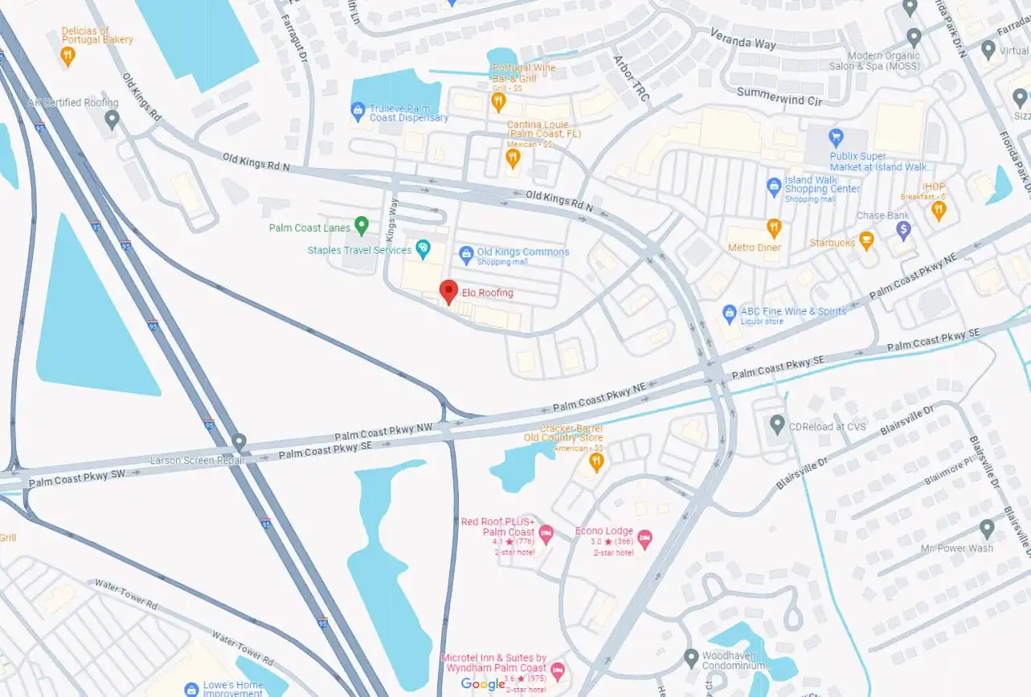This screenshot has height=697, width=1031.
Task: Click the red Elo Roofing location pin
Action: click(x=448, y=291)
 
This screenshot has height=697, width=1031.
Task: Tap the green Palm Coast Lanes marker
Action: click(x=361, y=226)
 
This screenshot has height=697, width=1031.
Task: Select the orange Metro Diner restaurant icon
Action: click(x=774, y=228)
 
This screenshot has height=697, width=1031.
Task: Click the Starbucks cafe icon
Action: click(x=865, y=240)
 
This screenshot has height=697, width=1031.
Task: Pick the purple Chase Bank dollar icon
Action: click(x=903, y=230)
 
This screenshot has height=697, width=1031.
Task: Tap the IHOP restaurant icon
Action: click(x=938, y=211)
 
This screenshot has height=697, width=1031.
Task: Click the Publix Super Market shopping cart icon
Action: click(x=836, y=136)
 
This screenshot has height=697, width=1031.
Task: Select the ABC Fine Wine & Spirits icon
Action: click(x=729, y=312)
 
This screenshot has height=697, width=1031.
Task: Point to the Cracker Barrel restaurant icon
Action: click(x=595, y=461)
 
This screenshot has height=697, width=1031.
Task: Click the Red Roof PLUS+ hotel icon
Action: click(x=546, y=533)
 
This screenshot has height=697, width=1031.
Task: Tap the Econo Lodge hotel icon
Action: click(x=644, y=538)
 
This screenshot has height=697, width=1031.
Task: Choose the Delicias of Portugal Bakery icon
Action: click(x=68, y=55)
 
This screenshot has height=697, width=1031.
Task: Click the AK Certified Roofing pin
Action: click(x=112, y=119)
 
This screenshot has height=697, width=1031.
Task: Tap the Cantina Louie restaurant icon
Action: click(x=513, y=158)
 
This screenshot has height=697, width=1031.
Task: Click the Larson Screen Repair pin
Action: click(x=239, y=442)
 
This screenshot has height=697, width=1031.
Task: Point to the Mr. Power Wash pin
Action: click(x=987, y=529)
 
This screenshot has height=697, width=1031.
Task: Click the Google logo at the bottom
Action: click(x=483, y=683)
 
